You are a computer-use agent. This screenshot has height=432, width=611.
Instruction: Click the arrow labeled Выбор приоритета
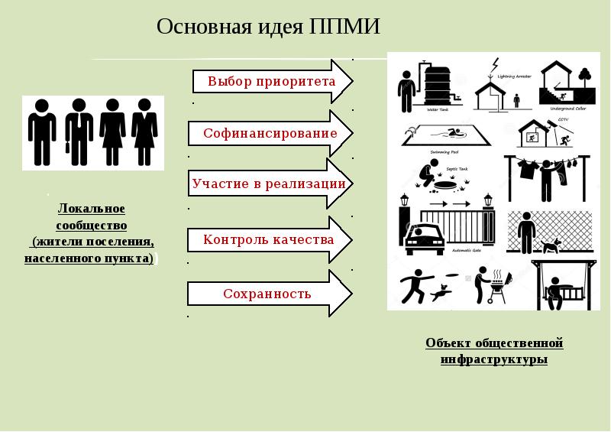pos(271,81)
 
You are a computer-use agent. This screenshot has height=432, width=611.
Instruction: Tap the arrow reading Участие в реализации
pos(268,184)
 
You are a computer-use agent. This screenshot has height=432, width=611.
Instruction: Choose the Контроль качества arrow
pos(268,240)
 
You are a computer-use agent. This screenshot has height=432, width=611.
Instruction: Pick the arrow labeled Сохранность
pos(267,294)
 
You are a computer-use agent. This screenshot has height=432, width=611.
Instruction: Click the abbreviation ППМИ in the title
pos(345,27)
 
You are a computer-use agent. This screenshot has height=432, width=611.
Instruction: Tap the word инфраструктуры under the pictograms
pos(494,359)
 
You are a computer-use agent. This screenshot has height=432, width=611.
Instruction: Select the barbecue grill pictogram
pos(496,288)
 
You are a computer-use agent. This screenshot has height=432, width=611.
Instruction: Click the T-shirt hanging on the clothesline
pos(525,169)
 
